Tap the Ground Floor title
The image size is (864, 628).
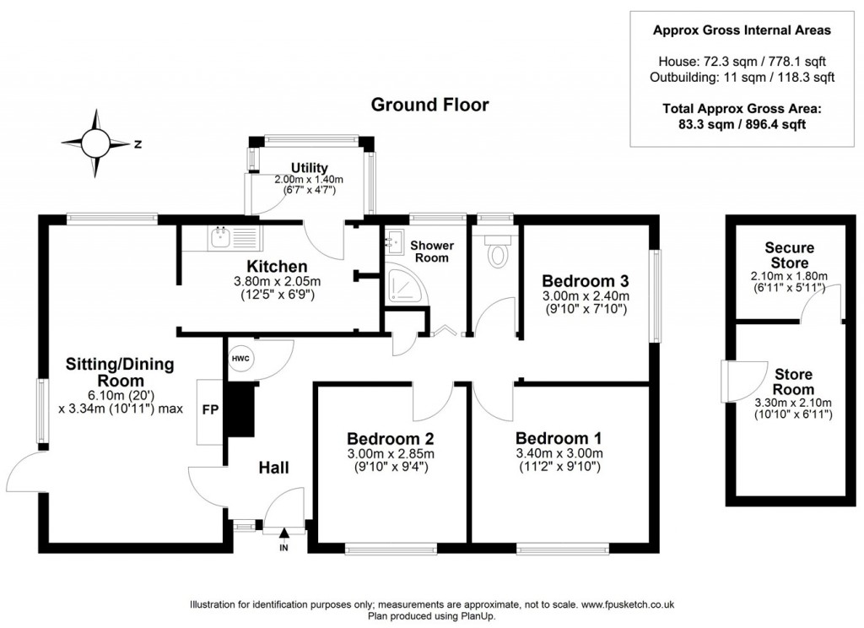[x=430, y=105]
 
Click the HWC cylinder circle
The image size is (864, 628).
[x=239, y=359]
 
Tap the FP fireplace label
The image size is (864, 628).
[x=208, y=410]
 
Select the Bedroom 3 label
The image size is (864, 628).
[x=584, y=281]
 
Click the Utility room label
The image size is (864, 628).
[x=310, y=168]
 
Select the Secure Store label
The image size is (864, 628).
[x=789, y=255]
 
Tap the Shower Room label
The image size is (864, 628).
[x=432, y=252]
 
